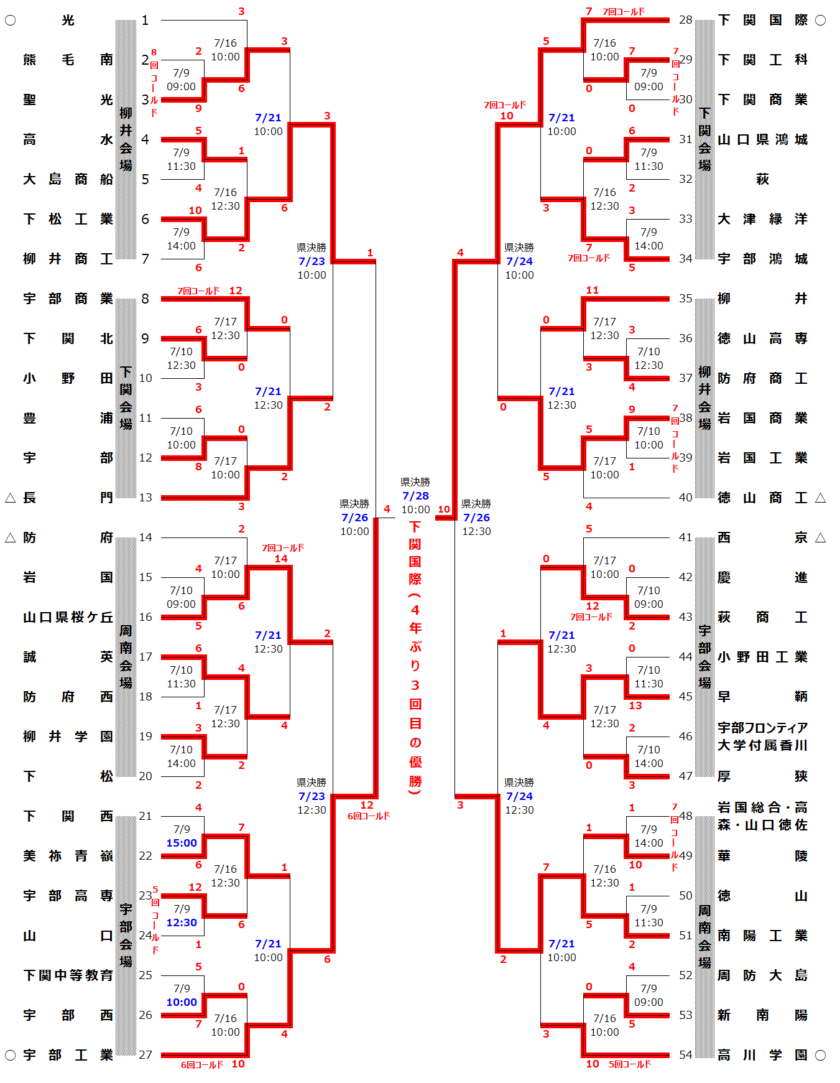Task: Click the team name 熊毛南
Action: point(68,60)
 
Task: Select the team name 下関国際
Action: point(762,20)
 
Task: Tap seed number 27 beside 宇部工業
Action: point(145,1054)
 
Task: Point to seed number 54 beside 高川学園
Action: point(685,1054)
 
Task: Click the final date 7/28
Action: point(415,496)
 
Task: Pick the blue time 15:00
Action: point(182,843)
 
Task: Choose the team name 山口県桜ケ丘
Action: point(68,617)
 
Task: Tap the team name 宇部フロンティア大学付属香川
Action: point(762,737)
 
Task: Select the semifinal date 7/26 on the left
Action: point(354,518)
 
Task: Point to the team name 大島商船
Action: point(68,179)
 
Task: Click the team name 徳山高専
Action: point(762,338)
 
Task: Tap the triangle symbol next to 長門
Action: point(10,498)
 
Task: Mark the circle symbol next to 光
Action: point(10,21)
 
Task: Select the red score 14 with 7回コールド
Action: point(281,559)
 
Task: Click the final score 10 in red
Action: point(444,509)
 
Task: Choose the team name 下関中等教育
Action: point(68,975)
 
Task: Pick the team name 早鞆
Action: point(762,697)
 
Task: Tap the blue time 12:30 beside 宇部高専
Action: point(182,923)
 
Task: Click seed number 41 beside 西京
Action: point(685,537)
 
